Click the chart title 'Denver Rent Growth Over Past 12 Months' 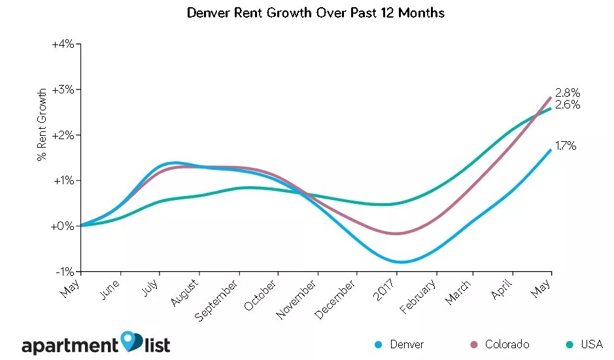tap(315, 13)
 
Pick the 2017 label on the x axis tap(385, 287)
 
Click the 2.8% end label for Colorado tap(567, 93)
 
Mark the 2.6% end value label tap(567, 105)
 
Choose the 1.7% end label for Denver tap(566, 146)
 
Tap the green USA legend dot tap(569, 344)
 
